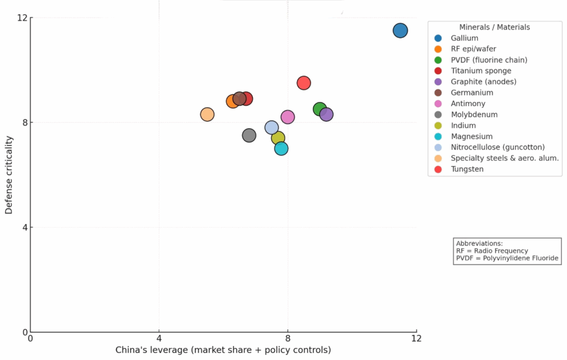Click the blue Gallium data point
(400, 30)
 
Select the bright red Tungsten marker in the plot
(303, 83)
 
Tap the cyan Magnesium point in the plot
(281, 148)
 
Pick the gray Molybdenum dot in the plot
(249, 136)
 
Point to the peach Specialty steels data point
(207, 115)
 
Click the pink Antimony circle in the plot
(288, 117)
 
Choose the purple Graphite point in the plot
(326, 115)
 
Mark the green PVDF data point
(319, 109)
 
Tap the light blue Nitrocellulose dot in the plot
(271, 127)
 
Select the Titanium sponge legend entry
(481, 71)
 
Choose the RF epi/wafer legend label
(473, 49)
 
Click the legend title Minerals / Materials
(494, 27)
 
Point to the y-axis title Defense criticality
(9, 175)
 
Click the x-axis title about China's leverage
(223, 350)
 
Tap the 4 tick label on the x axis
(159, 338)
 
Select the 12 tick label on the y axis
(22, 18)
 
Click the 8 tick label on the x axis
(288, 338)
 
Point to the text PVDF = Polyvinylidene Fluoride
(507, 259)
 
